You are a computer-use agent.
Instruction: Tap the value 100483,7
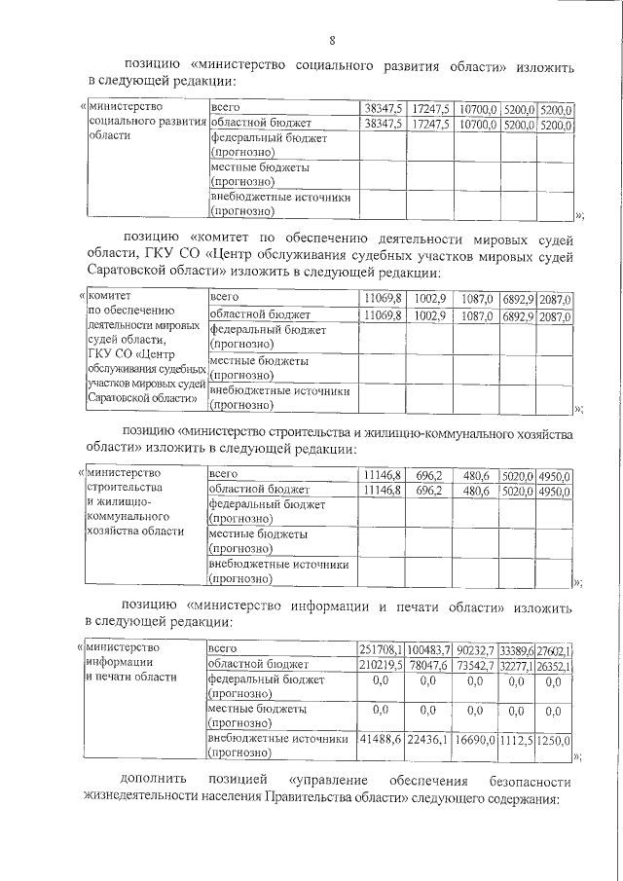click(428, 649)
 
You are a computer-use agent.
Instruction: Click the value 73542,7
click(475, 666)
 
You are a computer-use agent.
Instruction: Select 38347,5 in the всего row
click(382, 108)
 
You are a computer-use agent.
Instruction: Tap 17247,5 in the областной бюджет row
click(428, 125)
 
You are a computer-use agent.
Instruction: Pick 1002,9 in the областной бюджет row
click(429, 315)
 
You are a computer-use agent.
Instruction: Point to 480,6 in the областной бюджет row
click(476, 491)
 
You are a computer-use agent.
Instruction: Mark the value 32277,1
click(518, 666)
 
